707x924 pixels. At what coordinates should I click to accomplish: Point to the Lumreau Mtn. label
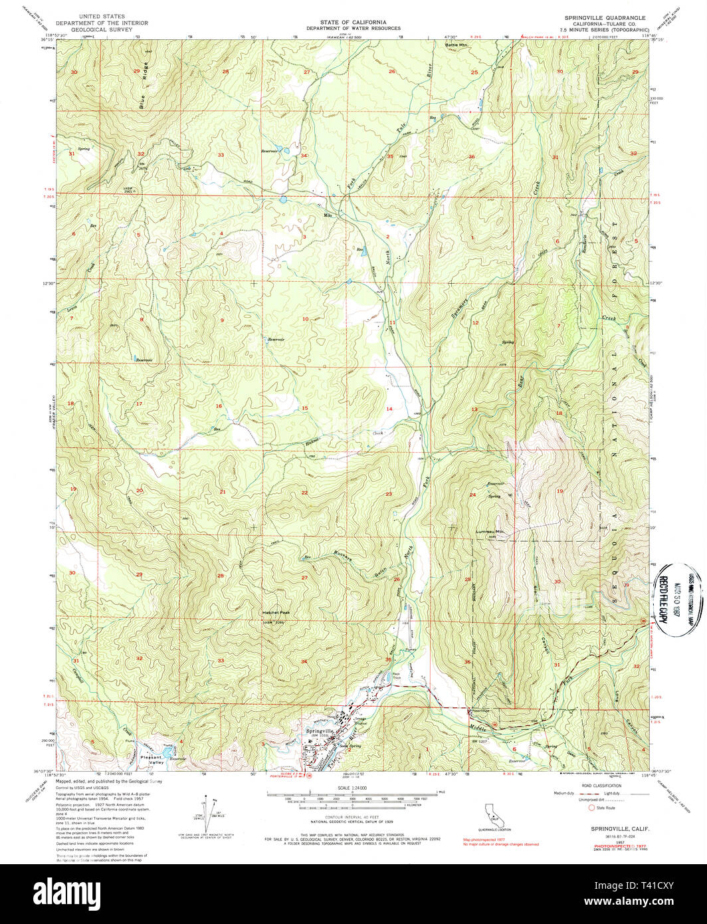click(x=490, y=531)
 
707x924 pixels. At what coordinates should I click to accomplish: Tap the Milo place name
click(x=327, y=215)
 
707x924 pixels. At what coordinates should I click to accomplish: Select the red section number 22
click(x=304, y=493)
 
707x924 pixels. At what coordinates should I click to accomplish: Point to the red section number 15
click(x=305, y=407)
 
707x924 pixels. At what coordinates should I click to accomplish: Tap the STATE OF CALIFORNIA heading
click(x=353, y=22)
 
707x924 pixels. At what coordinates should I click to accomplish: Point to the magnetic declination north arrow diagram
click(x=211, y=810)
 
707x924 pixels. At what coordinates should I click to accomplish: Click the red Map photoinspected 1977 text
click(x=484, y=840)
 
